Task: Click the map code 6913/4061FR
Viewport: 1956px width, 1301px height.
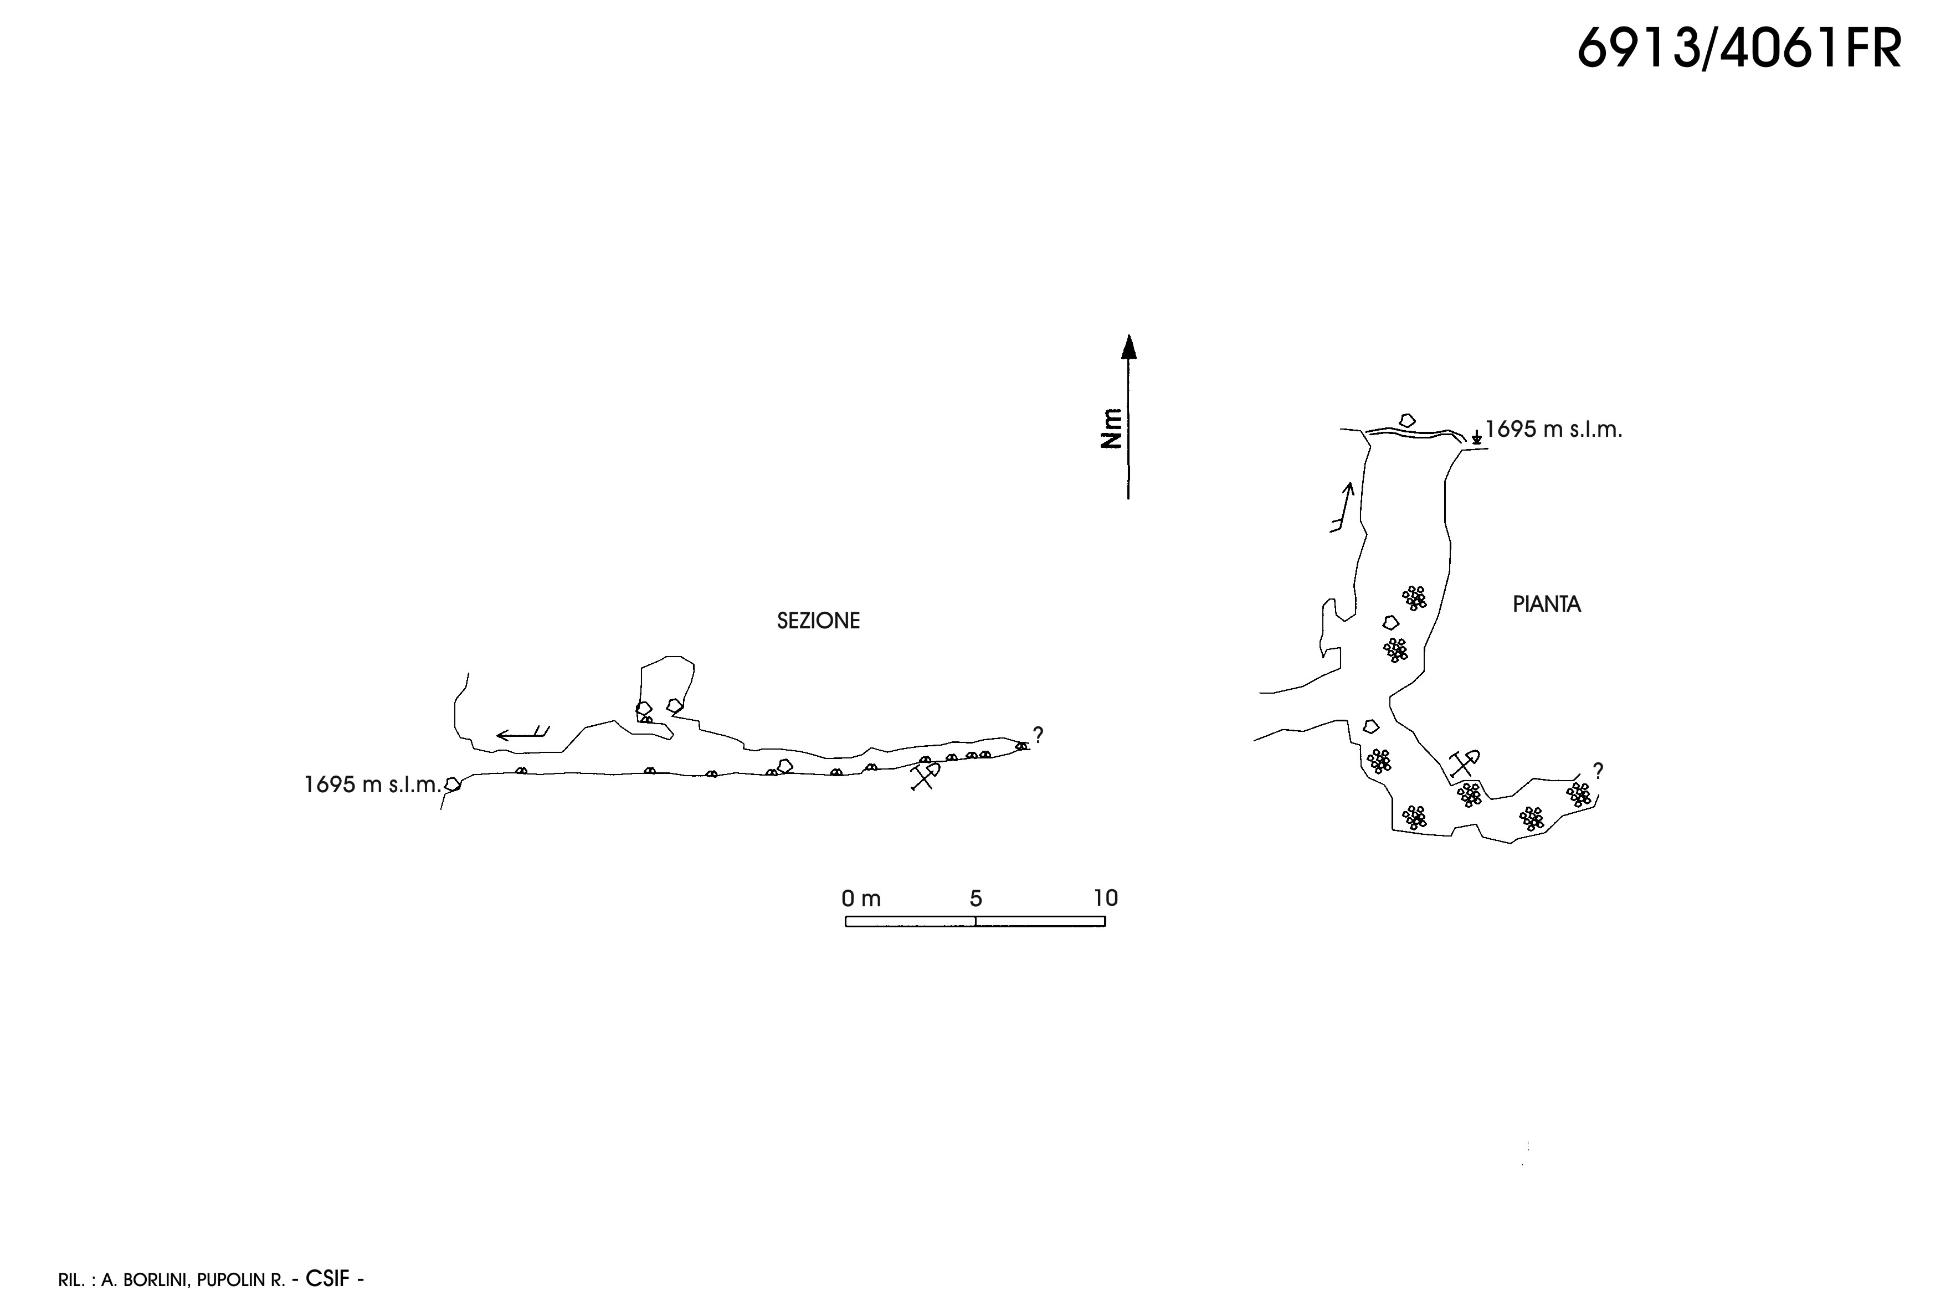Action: coord(1738,49)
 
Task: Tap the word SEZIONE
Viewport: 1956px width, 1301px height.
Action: coord(818,621)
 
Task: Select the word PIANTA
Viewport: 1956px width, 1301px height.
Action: coord(1546,604)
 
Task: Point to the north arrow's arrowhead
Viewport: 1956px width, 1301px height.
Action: coord(1128,346)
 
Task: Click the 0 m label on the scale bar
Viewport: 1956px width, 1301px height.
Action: coord(861,898)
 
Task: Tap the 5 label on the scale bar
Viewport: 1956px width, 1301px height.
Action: coord(976,898)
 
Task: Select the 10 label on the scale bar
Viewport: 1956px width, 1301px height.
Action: coord(1105,898)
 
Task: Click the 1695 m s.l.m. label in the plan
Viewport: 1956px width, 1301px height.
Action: coord(1553,430)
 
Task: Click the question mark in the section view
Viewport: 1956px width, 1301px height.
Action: coord(1038,734)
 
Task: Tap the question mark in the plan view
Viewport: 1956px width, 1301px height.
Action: coord(1598,771)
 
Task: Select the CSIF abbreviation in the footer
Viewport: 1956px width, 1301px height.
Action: coord(327,1279)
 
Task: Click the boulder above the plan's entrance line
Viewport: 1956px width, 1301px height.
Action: coord(1406,421)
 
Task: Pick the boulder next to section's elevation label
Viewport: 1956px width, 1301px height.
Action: coord(453,783)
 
